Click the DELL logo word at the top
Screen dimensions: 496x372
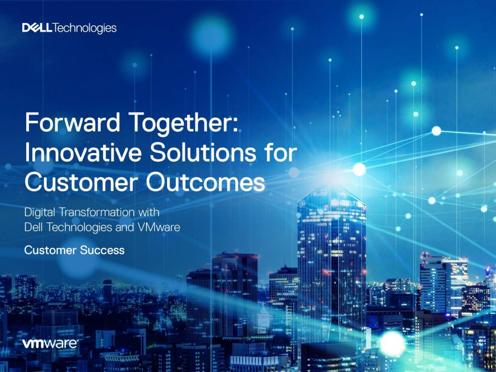pos(37,28)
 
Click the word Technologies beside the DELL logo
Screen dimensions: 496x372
pos(84,29)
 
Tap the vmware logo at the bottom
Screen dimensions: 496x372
pos(50,343)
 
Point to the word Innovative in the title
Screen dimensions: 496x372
pos(83,153)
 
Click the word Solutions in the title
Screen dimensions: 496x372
pos(203,153)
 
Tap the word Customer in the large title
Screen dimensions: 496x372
pos(81,183)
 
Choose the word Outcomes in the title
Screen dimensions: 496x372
pos(205,183)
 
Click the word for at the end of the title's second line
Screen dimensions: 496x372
pos(280,153)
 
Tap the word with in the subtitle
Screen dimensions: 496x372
pos(149,212)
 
